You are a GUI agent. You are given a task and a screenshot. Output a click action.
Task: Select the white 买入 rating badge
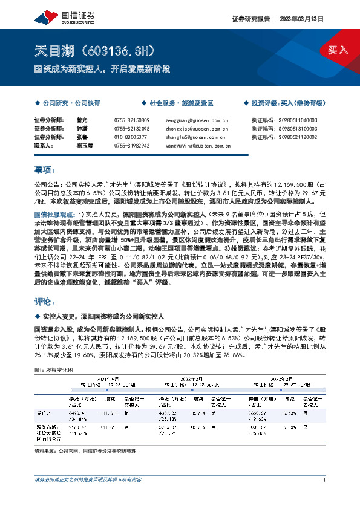pos(338,50)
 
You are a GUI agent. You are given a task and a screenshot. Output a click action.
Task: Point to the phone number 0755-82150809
pos(132,120)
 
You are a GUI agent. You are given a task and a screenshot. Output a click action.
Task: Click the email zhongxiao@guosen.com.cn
pos(197,129)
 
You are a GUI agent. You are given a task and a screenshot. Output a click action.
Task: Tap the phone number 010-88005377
pos(131,137)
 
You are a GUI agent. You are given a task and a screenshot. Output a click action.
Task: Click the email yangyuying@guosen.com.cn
pos(198,146)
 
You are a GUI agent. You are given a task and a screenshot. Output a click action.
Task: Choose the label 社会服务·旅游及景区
pos(182,104)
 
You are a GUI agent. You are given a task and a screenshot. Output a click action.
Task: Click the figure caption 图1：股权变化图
pos(54,369)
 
